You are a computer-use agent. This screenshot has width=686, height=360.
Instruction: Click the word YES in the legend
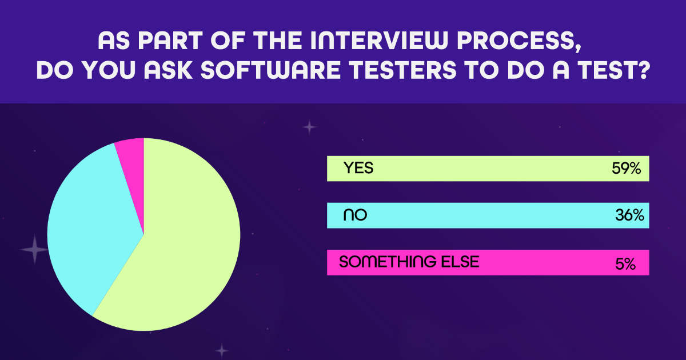click(358, 168)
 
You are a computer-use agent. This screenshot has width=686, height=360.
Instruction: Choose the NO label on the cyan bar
click(354, 215)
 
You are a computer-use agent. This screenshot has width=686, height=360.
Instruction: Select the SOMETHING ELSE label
click(409, 262)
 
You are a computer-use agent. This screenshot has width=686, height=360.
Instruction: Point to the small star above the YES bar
click(309, 127)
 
